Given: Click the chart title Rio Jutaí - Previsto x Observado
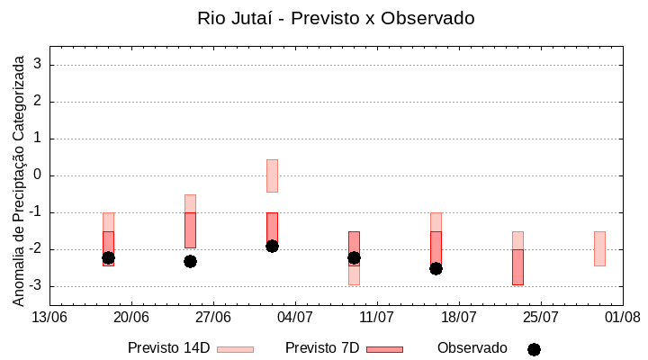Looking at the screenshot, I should tap(336, 18).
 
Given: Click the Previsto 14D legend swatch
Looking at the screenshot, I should tap(235, 348).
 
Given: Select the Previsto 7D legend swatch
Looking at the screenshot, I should tap(384, 348).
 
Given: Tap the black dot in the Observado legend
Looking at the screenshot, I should tap(534, 349).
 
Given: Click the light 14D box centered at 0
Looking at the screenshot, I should tap(272, 175).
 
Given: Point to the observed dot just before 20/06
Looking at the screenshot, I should tap(108, 257).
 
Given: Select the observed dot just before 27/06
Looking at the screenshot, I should tap(190, 261).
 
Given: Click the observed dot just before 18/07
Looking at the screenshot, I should tap(436, 268).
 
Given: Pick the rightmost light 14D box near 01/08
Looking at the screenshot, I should tap(599, 248).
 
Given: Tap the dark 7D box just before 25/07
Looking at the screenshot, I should tap(517, 267).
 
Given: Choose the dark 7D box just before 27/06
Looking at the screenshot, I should tap(190, 230).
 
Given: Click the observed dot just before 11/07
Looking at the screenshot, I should tap(354, 257).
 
